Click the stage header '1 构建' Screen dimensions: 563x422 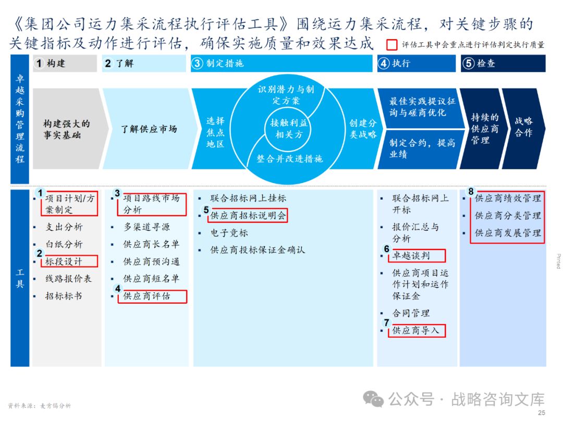65,64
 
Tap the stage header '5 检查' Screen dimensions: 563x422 503,64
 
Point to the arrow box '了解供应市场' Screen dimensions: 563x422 149,129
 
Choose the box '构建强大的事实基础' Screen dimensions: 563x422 66,129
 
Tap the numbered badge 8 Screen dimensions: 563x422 471,191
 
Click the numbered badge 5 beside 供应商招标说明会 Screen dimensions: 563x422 206,210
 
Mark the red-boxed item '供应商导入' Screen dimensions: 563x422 416,330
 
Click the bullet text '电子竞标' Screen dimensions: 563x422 229,233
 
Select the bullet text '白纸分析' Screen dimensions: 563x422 64,244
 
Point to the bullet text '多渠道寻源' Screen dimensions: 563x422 146,227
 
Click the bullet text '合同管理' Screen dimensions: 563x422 411,313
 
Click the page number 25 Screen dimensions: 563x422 541,413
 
